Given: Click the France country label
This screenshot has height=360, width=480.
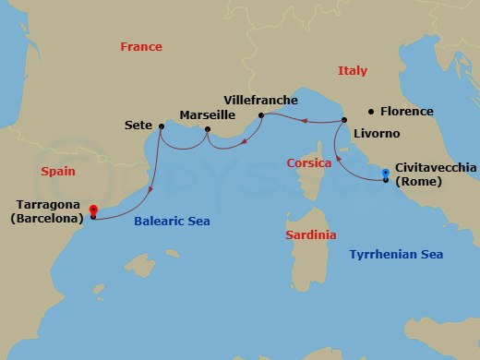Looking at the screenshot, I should click(141, 47).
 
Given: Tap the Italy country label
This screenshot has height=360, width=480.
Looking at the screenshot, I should click(352, 71).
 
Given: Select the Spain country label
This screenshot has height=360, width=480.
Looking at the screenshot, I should click(57, 172).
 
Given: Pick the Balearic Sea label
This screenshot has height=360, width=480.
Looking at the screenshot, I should click(173, 222).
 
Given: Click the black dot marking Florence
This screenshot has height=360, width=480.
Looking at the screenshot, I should click(371, 111).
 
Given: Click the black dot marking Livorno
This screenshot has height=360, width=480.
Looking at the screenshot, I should click(343, 120).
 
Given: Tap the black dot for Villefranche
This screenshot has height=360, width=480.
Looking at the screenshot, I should click(261, 115).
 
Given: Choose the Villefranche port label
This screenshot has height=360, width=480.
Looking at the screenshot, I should click(260, 99).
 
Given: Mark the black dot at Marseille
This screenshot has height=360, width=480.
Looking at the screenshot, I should click(207, 129).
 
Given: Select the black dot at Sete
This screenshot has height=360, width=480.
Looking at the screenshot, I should click(161, 126).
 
